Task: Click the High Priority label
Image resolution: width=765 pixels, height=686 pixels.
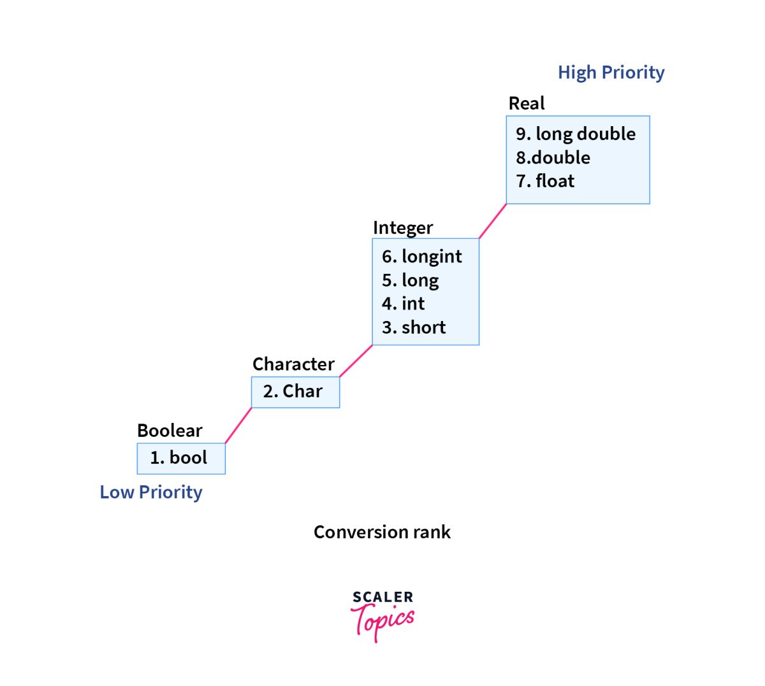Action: click(x=611, y=73)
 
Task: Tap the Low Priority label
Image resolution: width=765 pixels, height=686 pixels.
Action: click(x=151, y=492)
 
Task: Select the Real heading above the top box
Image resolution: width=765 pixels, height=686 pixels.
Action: click(x=527, y=103)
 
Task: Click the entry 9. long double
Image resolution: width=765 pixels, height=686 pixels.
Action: click(x=576, y=134)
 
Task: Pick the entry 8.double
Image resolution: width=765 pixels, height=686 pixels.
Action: click(x=553, y=157)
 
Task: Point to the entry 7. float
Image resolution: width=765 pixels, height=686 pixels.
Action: click(x=545, y=181)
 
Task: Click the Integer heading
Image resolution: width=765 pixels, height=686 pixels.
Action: click(x=403, y=227)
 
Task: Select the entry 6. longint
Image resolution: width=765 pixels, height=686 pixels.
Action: click(x=422, y=256)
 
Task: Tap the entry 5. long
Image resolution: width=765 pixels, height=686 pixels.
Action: click(x=411, y=280)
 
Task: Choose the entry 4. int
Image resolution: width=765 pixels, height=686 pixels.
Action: click(x=403, y=304)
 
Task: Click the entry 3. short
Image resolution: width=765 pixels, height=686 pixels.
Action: click(x=414, y=327)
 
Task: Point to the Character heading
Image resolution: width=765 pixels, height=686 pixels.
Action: click(x=293, y=364)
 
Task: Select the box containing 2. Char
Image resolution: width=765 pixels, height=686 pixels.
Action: click(x=295, y=392)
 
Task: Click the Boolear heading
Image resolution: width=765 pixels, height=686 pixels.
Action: click(x=170, y=431)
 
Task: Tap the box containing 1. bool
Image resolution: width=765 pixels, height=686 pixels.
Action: click(x=181, y=458)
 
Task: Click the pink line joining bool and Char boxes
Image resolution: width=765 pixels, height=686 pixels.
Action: click(x=238, y=425)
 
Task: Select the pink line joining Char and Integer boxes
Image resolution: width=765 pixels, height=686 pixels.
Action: click(x=356, y=361)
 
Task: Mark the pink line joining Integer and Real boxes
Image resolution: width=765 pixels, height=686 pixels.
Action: click(x=493, y=221)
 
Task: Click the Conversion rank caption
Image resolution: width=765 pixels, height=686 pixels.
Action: click(x=382, y=532)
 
